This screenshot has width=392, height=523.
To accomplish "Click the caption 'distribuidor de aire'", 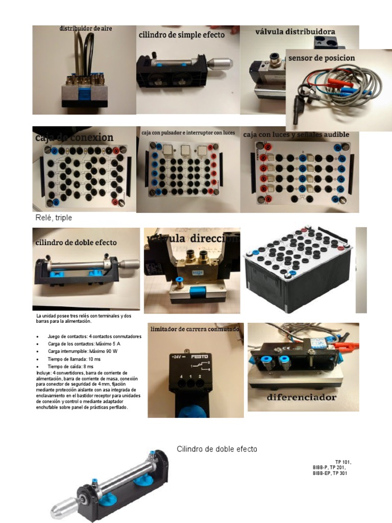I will point(85,29).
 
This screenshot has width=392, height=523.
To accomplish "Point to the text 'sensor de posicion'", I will point(322,58).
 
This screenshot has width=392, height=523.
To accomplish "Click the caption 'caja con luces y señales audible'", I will point(296,134).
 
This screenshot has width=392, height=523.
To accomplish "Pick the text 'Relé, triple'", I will point(54,218).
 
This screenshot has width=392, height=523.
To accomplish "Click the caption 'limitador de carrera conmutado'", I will point(194,329).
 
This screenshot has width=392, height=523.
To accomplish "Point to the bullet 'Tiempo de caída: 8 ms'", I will point(70,367).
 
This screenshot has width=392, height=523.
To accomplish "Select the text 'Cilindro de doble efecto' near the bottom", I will point(217,449).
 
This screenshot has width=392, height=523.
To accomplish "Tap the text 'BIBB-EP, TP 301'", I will point(332,473).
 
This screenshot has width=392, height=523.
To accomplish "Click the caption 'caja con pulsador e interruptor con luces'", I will point(188,133).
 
